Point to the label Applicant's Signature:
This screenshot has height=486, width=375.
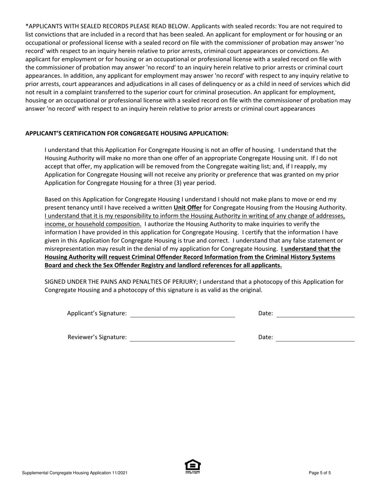(x=97, y=313)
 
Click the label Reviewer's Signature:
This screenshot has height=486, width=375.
(x=97, y=337)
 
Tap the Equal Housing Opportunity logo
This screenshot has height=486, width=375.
(x=193, y=467)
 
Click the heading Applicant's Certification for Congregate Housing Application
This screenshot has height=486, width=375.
(x=127, y=133)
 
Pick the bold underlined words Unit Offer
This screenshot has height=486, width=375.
(x=187, y=207)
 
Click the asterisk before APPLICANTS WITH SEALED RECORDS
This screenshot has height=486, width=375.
(x=27, y=26)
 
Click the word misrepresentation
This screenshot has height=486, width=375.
(x=71, y=249)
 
